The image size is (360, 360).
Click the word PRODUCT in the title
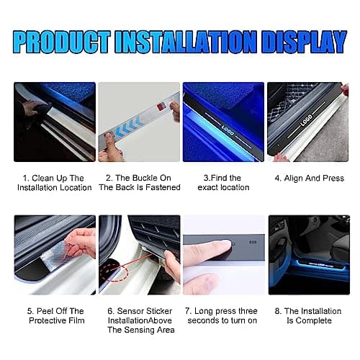pos(62,42)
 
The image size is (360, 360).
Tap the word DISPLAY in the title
pos(304,42)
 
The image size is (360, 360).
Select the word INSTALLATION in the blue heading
pos(186,42)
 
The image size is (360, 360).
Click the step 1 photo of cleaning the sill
pos(55,122)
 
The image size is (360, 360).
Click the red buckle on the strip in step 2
pos(161,107)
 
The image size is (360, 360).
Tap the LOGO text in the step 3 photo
pos(228,130)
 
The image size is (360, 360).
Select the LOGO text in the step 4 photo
pos(306,120)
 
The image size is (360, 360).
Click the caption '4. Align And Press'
pos(310,178)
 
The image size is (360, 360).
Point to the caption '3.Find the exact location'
pos(223,183)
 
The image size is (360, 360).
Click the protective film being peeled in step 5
pos(55,251)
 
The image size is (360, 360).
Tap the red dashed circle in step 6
pos(114,271)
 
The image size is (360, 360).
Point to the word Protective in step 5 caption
pos(47,320)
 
